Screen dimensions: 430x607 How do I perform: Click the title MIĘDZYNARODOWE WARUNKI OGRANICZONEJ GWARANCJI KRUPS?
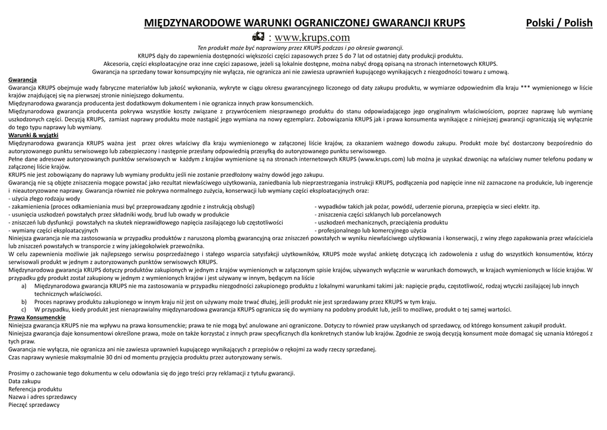point(305,23)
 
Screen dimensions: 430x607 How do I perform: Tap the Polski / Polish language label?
point(559,23)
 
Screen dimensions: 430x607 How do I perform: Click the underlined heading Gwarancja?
point(23,79)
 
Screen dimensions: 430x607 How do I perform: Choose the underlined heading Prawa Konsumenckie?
point(37,317)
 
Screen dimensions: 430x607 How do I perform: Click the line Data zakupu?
point(24,381)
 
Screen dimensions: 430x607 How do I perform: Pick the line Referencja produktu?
point(35,388)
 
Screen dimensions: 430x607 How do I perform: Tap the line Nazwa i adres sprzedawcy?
point(42,396)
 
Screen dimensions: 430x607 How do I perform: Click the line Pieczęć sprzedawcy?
point(34,404)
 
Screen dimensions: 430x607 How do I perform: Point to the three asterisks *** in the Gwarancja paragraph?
point(525,87)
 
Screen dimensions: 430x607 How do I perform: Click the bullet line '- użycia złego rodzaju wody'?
point(44,199)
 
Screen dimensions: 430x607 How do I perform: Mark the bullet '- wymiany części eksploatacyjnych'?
point(53,230)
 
